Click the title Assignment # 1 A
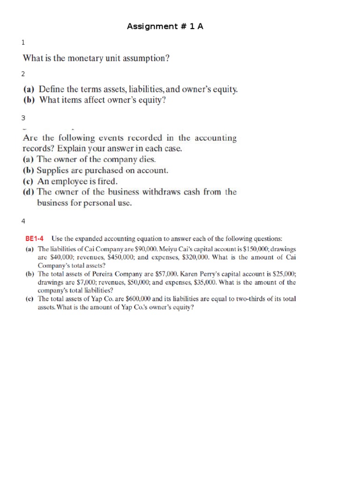pos(165,27)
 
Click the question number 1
pos(23,43)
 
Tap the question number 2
pos(23,74)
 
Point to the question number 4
pos(23,221)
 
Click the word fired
pos(106,181)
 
